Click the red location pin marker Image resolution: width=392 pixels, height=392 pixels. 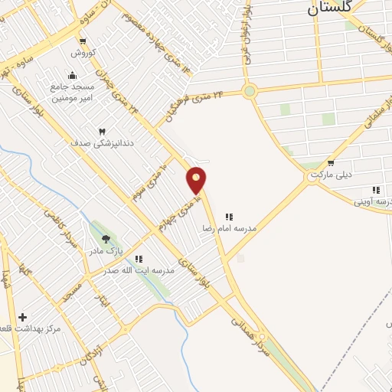[197, 179]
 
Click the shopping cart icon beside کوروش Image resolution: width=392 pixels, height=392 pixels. [83, 41]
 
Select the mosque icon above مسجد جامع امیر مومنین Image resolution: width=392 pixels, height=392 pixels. [73, 76]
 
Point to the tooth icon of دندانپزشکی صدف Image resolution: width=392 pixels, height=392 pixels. [101, 131]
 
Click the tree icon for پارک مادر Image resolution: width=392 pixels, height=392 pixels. [106, 239]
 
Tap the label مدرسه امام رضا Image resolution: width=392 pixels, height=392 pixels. [250, 228]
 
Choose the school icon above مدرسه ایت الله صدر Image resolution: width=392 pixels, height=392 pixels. [139, 259]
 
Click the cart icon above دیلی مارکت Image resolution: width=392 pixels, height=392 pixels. [330, 162]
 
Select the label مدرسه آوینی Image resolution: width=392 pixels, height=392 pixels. [372, 202]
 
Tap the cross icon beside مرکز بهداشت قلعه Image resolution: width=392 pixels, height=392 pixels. [22, 317]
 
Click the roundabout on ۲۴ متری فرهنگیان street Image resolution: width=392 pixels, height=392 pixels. [249, 92]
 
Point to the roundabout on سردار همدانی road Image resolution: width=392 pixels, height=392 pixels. [263, 337]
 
